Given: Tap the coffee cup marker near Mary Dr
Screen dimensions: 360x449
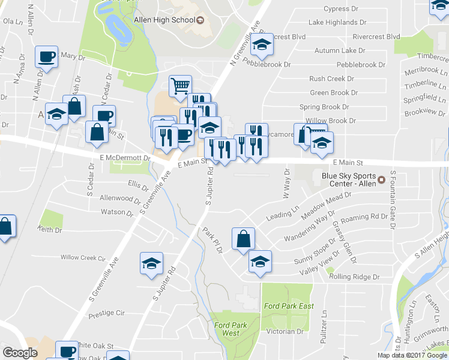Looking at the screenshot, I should [46, 58].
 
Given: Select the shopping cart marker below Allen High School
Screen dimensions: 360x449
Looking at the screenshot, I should [180, 86].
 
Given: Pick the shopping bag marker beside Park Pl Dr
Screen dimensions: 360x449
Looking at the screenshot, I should [243, 239].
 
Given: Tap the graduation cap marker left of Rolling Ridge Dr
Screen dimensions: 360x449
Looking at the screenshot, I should [260, 262].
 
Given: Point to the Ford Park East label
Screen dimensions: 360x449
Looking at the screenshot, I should [289, 306].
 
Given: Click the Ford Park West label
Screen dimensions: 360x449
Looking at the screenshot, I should [226, 328].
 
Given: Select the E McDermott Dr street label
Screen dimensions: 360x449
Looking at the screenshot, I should [124, 157].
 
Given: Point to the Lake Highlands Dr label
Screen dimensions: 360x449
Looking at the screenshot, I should [337, 22].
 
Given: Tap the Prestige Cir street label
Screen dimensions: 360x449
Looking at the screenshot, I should [106, 313].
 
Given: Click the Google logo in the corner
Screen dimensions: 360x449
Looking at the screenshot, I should [20, 353].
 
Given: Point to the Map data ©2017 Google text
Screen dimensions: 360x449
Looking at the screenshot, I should [412, 355].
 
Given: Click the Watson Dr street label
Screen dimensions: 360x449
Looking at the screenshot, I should [116, 212].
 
